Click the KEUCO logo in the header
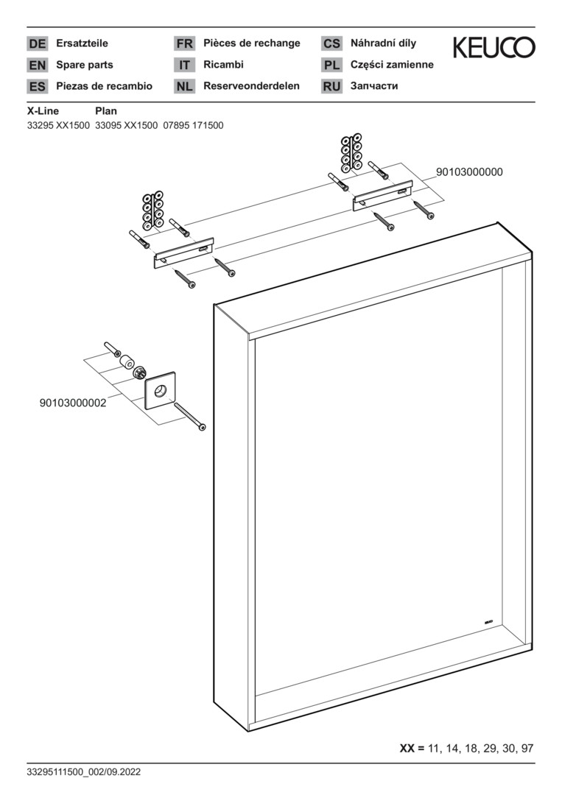click(x=493, y=47)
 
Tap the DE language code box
click(x=37, y=43)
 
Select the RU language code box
click(x=331, y=86)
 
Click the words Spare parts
click(x=85, y=65)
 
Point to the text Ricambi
click(x=223, y=64)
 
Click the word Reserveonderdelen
click(x=252, y=85)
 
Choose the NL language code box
click(x=184, y=86)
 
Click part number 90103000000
click(x=470, y=172)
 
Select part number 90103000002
click(x=73, y=403)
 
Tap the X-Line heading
click(x=43, y=111)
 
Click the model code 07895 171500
click(x=193, y=125)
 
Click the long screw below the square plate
click(x=190, y=416)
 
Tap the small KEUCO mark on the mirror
click(x=488, y=621)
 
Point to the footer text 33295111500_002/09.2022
click(x=84, y=772)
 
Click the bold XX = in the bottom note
click(x=412, y=748)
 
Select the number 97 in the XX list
click(x=527, y=748)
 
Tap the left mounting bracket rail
click(x=183, y=252)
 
